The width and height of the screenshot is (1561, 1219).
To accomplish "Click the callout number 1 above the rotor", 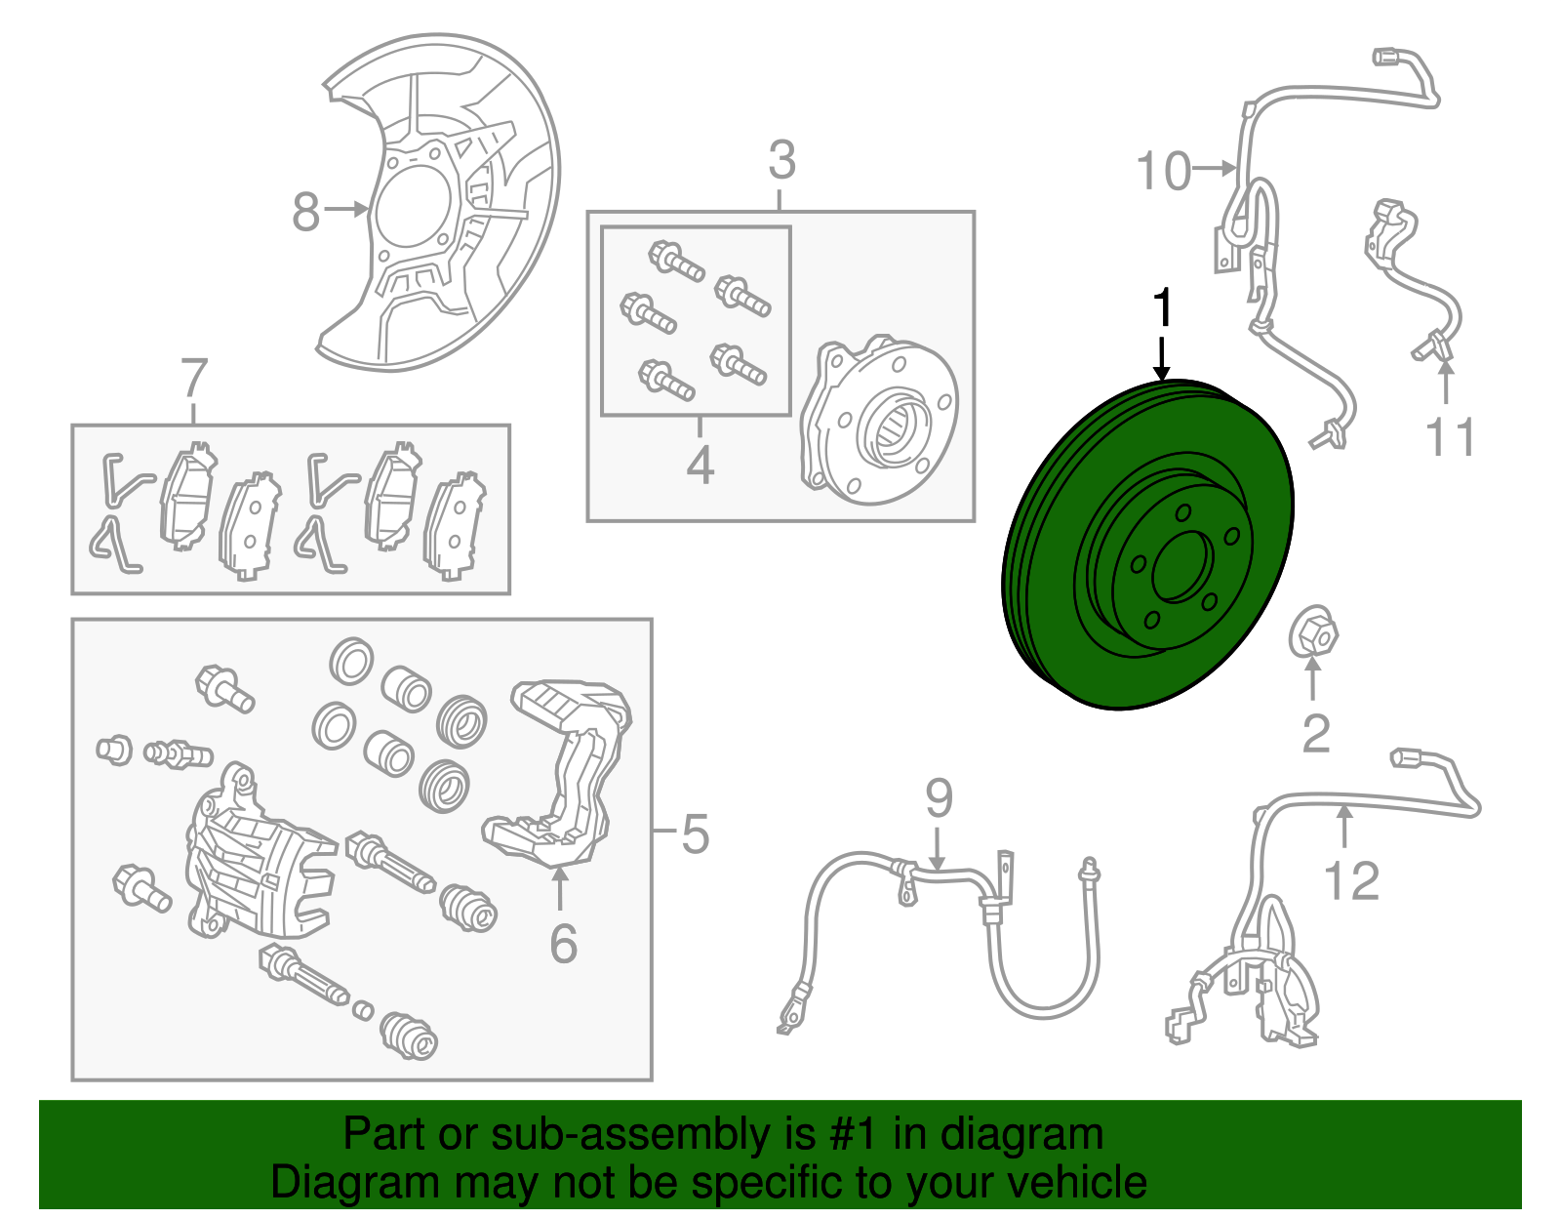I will (1162, 308).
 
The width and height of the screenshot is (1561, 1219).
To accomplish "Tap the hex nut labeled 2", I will (1312, 633).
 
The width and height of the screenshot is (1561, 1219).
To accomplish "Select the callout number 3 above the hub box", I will (781, 160).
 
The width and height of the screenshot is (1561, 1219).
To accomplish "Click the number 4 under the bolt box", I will (700, 466).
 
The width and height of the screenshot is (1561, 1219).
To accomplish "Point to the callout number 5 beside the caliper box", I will (695, 834).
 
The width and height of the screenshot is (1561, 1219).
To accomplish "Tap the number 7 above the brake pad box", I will (194, 378).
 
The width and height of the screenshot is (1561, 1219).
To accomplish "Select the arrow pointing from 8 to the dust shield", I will (347, 208).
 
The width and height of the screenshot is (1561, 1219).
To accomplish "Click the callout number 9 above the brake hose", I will (939, 798).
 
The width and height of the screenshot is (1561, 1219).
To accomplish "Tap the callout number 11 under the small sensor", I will (1449, 436).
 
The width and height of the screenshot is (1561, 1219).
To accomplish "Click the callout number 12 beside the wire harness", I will (1351, 880).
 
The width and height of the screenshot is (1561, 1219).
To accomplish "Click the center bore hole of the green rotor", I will (1181, 566).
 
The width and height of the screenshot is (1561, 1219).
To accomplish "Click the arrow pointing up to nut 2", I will (1313, 679).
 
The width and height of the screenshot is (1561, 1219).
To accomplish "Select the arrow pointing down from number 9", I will (938, 846).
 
